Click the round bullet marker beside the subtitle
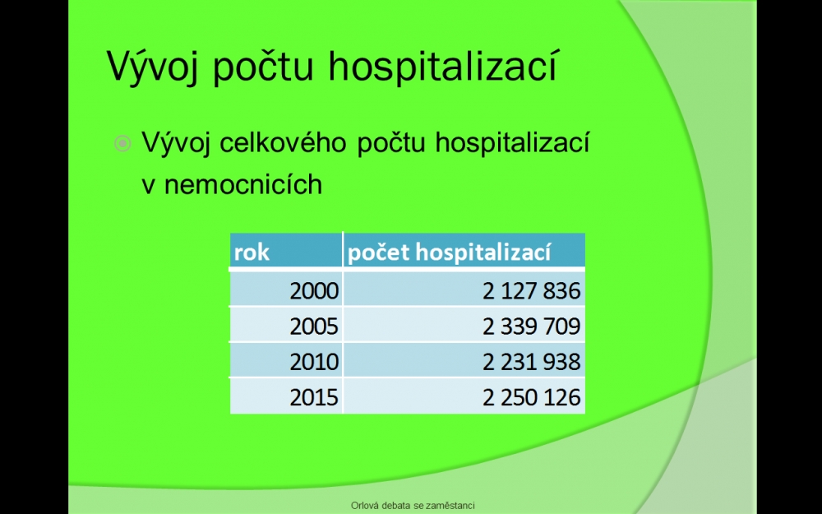122,143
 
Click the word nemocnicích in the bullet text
243,184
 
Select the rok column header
252,252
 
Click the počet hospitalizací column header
450,252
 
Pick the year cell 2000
314,290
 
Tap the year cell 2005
314,326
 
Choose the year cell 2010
314,361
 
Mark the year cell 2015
314,397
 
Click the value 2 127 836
532,290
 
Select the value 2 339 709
532,326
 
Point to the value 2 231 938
532,361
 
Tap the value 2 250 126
532,397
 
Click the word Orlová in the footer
363,506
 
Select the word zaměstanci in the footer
450,506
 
